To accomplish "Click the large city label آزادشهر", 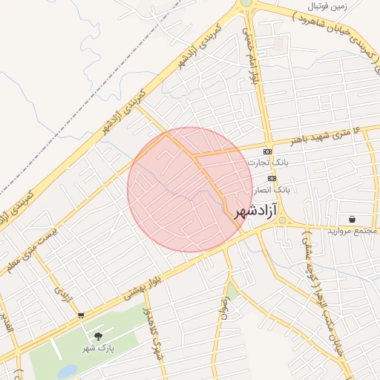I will point(259,211).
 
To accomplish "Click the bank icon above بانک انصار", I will point(272,179).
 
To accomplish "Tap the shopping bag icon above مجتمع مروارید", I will point(351,220).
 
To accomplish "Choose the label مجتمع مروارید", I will point(353,231).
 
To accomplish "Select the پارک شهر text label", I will point(97,347).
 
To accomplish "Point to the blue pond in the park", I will point(68,370).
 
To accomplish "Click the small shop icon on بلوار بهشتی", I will point(80,315).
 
